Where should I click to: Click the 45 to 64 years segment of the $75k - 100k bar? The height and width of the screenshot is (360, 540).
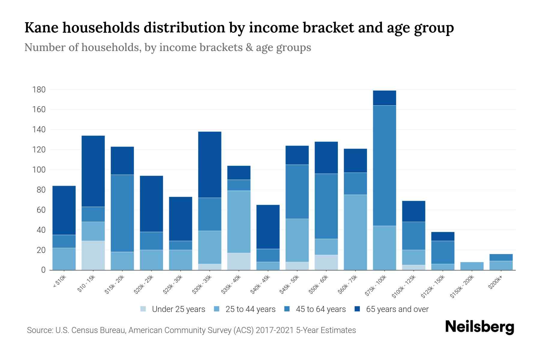[x=384, y=166]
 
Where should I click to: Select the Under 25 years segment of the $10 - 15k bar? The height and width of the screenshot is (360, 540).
[x=93, y=255]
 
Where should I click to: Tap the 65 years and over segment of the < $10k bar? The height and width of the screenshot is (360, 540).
[x=64, y=210]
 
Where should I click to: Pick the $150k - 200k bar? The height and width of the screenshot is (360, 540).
[x=472, y=266]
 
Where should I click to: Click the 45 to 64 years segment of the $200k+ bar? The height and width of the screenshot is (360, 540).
[x=501, y=257]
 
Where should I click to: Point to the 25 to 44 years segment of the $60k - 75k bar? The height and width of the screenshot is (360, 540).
[x=355, y=232]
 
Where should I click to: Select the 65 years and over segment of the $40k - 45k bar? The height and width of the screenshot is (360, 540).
[x=268, y=227]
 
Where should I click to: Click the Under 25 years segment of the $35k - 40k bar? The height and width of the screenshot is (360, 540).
[x=239, y=261]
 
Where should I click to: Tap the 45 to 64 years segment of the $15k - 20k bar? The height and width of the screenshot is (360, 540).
[x=122, y=213]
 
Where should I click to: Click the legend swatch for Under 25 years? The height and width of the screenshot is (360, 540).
[x=143, y=309]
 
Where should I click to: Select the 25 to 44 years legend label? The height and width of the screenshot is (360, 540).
[x=250, y=309]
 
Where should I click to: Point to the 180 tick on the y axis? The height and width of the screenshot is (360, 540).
[x=39, y=90]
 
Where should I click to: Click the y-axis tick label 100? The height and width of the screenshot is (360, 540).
[x=39, y=170]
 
